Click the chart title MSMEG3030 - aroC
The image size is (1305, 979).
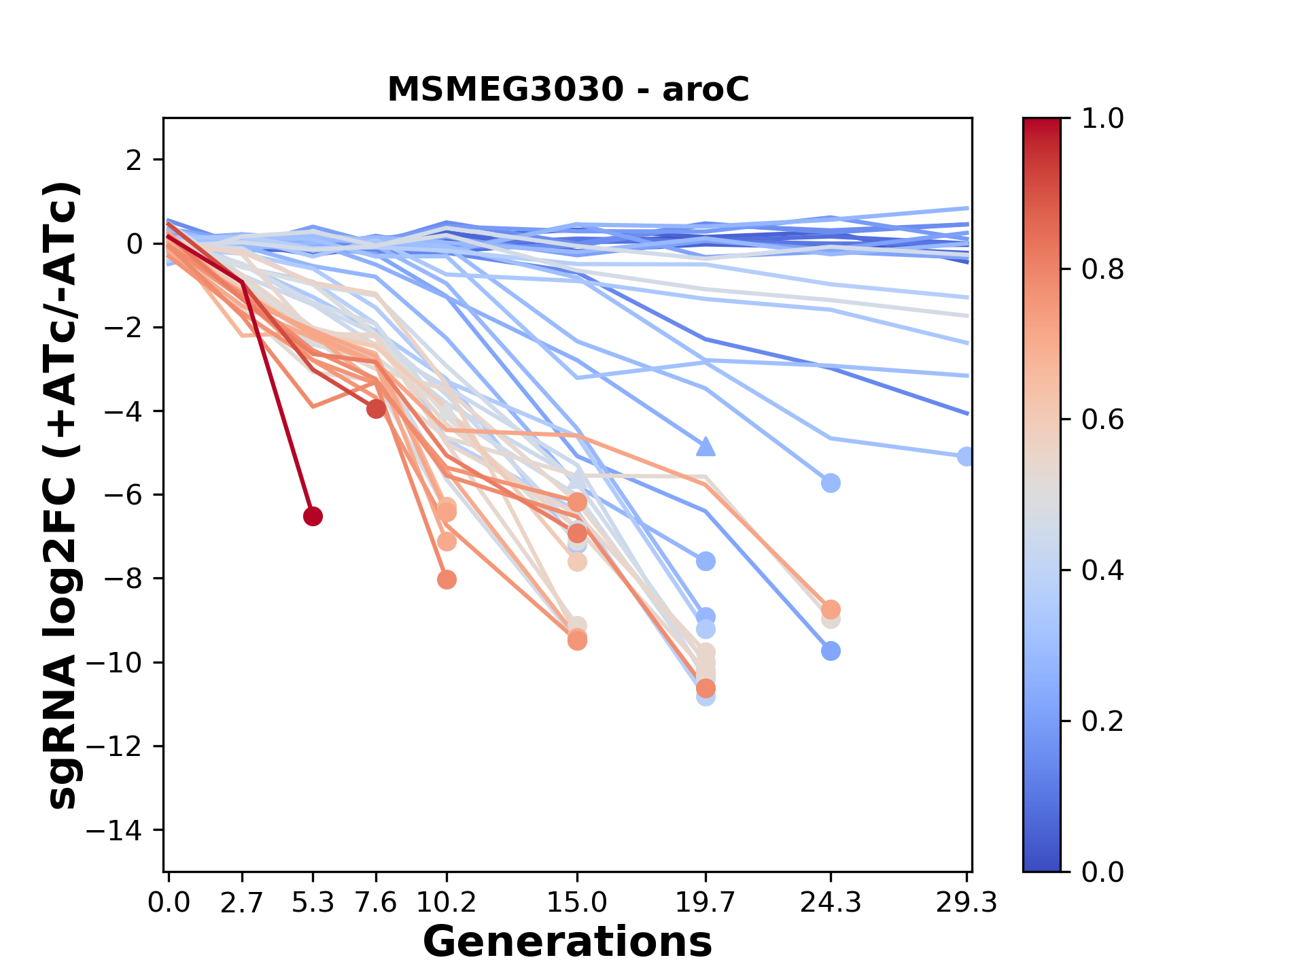tap(568, 90)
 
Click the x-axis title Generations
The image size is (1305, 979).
tap(568, 942)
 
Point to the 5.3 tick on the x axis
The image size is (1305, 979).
tap(313, 903)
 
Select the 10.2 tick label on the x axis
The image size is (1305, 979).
tap(447, 903)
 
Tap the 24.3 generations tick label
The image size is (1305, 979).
tap(830, 903)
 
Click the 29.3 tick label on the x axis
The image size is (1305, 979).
tap(966, 903)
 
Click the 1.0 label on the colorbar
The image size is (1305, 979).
tap(1102, 119)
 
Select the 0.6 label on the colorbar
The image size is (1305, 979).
tap(1102, 419)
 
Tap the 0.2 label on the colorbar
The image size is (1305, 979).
tap(1102, 721)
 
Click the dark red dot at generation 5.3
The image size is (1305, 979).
tap(313, 517)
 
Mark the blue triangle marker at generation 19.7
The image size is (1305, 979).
tap(706, 447)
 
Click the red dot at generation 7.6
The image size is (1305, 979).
tap(376, 409)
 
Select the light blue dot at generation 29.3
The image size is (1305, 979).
tap(965, 456)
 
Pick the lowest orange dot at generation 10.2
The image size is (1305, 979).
tap(447, 580)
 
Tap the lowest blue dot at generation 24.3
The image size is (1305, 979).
tap(830, 651)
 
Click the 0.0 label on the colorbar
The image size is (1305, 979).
tap(1102, 872)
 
